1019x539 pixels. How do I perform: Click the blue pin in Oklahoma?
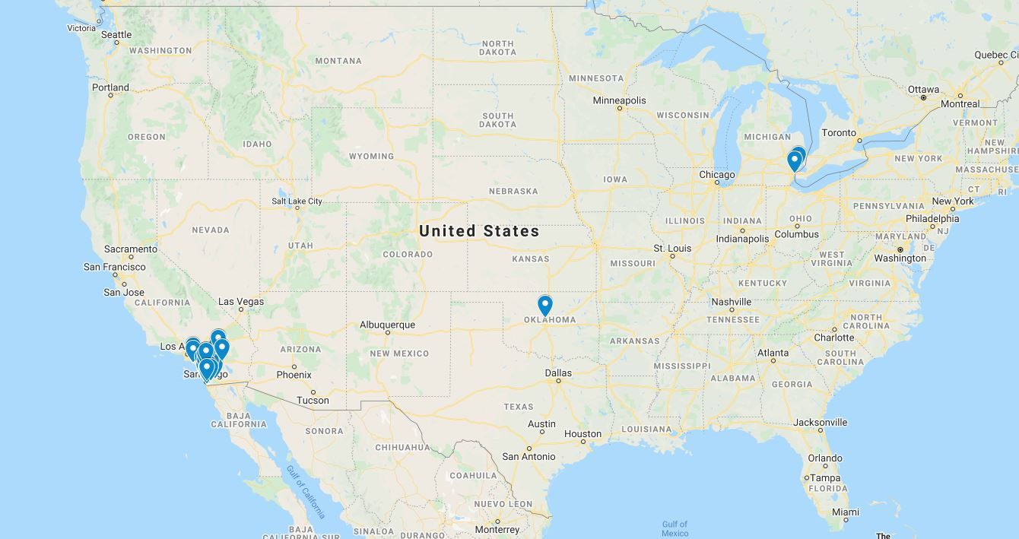(x=544, y=305)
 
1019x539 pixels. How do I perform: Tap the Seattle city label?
(x=116, y=34)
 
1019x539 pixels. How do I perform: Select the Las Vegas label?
(x=241, y=302)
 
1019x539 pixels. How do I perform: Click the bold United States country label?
(x=479, y=231)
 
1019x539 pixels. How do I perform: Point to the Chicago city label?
(x=717, y=175)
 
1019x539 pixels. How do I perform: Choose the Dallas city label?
(x=557, y=373)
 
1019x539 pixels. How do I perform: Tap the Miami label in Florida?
(x=845, y=512)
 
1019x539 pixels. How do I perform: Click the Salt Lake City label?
(x=297, y=201)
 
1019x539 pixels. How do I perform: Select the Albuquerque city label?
(x=387, y=325)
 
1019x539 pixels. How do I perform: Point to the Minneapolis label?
(x=619, y=100)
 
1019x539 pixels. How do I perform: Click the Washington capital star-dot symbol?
(x=900, y=249)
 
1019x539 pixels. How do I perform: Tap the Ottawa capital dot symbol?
(x=923, y=98)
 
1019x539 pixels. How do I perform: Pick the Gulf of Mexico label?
(x=675, y=528)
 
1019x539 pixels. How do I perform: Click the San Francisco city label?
(x=115, y=267)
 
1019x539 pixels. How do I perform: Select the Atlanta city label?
(x=773, y=353)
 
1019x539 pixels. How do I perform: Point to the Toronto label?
(x=840, y=132)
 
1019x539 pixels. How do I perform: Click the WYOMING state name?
(x=371, y=157)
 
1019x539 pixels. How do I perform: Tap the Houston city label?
(x=583, y=434)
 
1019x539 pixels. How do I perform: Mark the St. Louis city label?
(x=672, y=249)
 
